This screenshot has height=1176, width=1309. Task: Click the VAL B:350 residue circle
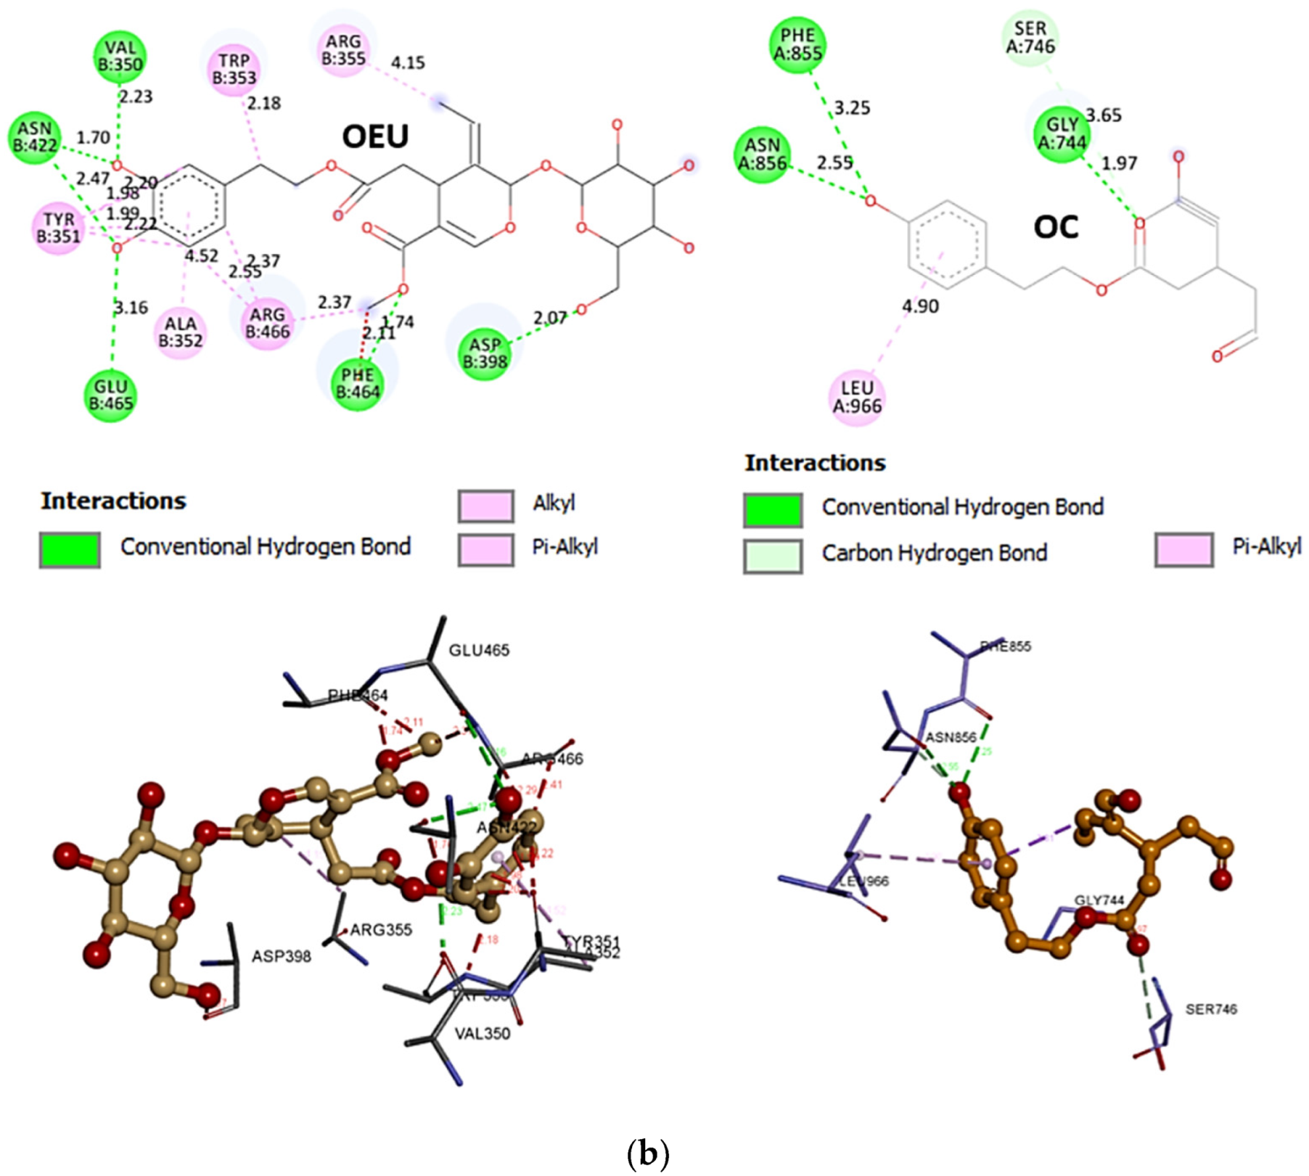click(119, 56)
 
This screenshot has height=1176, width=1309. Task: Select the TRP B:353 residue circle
click(234, 69)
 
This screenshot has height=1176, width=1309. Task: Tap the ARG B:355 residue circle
click(343, 50)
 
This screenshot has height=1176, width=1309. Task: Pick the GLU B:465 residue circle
click(110, 395)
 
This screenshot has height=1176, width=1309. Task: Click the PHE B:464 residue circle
click(358, 383)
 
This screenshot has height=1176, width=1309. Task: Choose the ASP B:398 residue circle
click(485, 353)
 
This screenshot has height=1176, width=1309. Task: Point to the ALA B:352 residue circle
click(180, 332)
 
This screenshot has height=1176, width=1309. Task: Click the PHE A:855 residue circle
click(797, 44)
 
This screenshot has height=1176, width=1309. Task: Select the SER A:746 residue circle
click(1030, 38)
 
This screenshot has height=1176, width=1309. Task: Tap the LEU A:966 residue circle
click(857, 397)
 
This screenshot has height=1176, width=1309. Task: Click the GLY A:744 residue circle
click(1062, 134)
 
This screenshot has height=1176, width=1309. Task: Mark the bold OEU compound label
click(375, 136)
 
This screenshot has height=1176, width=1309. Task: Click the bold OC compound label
click(1056, 227)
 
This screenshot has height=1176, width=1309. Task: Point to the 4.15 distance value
click(407, 63)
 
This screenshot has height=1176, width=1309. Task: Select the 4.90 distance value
click(920, 306)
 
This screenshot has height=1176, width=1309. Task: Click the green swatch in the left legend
click(69, 549)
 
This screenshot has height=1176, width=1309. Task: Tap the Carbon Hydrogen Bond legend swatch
click(772, 555)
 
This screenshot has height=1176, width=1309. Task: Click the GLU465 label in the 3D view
click(479, 650)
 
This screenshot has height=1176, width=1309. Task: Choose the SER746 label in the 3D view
click(1210, 1009)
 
